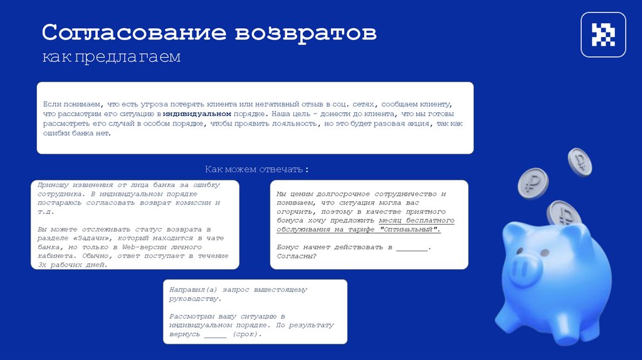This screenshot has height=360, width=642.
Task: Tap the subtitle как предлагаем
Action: click(x=111, y=58)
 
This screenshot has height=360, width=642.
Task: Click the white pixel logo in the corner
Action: click(x=603, y=34)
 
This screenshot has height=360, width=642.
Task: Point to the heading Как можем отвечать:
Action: click(x=257, y=170)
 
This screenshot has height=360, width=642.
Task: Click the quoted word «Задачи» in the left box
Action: click(x=93, y=238)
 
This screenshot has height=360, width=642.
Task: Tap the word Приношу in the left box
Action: click(x=55, y=185)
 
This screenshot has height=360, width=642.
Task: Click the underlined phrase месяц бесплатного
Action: click(x=417, y=221)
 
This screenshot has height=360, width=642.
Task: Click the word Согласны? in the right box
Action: click(x=297, y=256)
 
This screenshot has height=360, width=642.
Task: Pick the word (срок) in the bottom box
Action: click(x=245, y=334)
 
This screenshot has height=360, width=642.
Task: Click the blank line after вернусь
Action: click(x=215, y=335)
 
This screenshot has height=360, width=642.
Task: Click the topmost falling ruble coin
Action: click(x=579, y=161)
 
